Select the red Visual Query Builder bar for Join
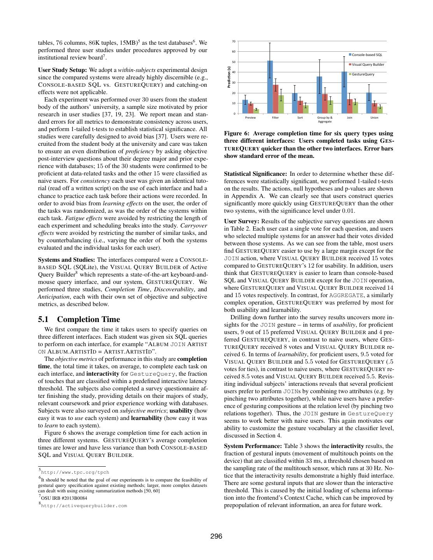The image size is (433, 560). (x=349, y=107)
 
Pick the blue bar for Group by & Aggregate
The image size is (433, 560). (x=319, y=95)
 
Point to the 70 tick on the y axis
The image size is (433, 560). (x=233, y=41)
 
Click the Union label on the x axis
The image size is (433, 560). (x=374, y=117)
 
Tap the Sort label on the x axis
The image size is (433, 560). (x=300, y=117)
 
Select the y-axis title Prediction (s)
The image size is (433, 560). (x=229, y=77)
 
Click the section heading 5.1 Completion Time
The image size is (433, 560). (x=79, y=319)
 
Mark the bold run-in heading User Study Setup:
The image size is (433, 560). (x=63, y=70)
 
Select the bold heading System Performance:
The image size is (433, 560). (x=253, y=446)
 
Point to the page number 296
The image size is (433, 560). (x=216, y=537)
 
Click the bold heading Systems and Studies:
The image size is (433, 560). (x=67, y=260)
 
